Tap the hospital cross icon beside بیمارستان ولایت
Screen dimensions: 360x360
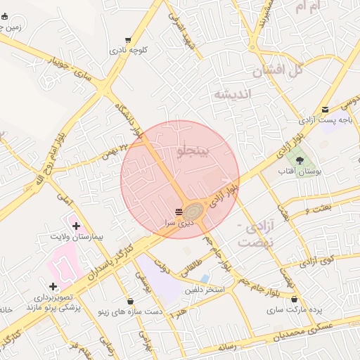pyautogui.click(x=77, y=225)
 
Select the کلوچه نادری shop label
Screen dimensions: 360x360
pyautogui.click(x=128, y=51)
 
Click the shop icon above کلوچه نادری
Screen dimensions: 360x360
pyautogui.click(x=127, y=40)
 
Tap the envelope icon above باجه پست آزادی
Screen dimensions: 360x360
pyautogui.click(x=325, y=110)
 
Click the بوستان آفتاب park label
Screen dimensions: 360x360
pyautogui.click(x=309, y=171)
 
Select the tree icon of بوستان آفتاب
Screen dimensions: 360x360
pyautogui.click(x=309, y=160)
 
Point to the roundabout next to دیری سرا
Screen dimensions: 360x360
pyautogui.click(x=194, y=210)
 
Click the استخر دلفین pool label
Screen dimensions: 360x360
pyautogui.click(x=205, y=290)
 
